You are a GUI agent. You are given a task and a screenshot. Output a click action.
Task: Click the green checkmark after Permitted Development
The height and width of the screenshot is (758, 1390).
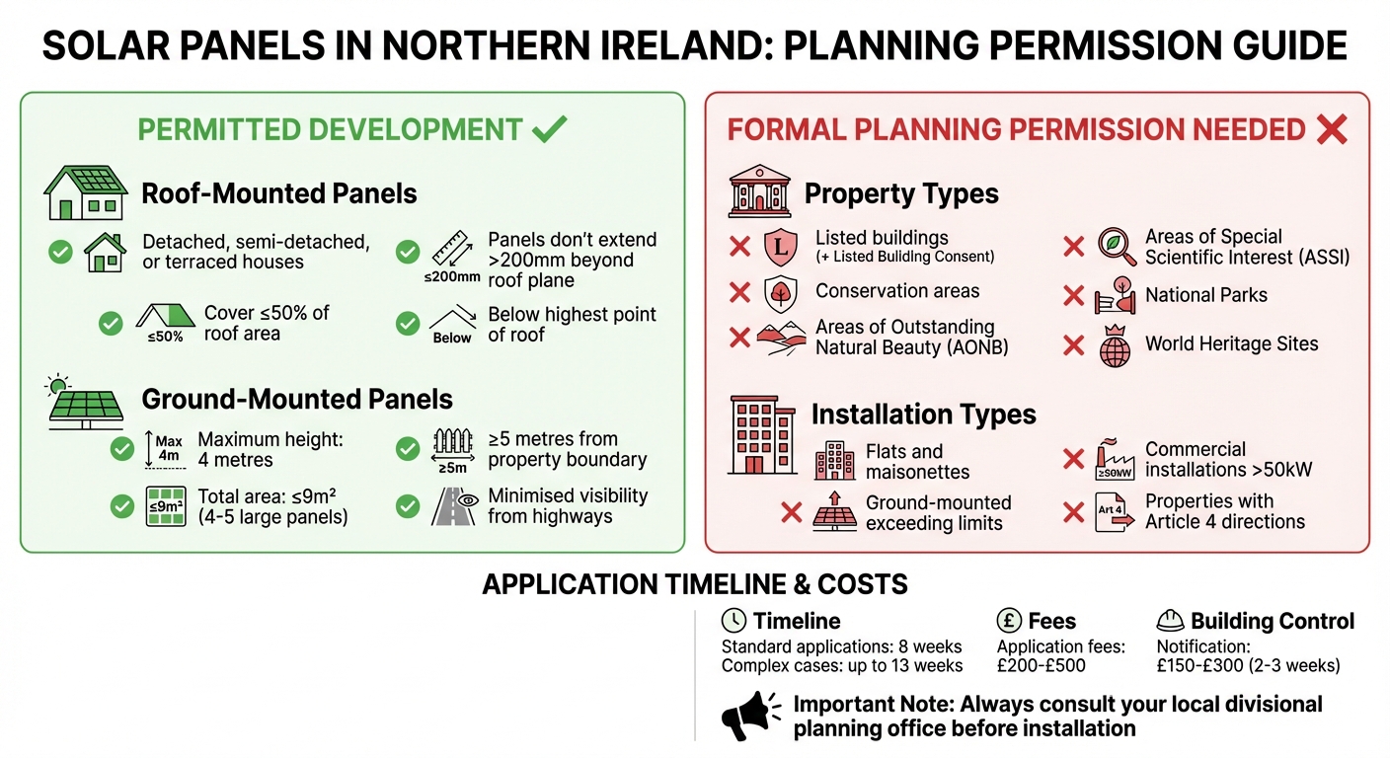550,128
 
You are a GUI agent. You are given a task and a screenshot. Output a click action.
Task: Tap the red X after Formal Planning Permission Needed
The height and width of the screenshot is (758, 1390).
1332,129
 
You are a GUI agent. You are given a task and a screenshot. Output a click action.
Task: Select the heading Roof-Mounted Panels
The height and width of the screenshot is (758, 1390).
279,193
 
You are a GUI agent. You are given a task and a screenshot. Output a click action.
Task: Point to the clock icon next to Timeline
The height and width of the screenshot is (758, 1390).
734,621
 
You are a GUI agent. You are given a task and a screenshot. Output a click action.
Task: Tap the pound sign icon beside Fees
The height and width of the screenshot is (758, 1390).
1009,621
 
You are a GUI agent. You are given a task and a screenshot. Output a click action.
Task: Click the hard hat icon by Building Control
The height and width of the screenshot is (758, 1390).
1169,621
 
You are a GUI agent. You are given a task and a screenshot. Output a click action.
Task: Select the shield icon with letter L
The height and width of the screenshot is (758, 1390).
780,247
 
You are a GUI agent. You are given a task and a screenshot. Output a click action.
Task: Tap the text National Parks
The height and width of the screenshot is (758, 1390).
1205,295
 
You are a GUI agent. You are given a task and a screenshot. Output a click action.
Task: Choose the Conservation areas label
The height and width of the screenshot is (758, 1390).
896,291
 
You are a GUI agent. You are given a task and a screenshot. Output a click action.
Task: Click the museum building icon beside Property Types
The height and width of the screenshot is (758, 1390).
759,191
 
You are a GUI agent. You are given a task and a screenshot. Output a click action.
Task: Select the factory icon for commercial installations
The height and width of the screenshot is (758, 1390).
1116,460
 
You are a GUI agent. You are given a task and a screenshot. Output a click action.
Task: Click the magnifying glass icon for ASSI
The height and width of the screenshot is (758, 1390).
1117,247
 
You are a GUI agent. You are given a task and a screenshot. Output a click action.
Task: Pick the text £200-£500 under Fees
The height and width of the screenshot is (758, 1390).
1041,665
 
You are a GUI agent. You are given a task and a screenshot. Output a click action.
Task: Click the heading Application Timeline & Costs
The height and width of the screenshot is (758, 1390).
694,584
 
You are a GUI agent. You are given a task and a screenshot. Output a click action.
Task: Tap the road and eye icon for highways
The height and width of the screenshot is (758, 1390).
453,506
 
